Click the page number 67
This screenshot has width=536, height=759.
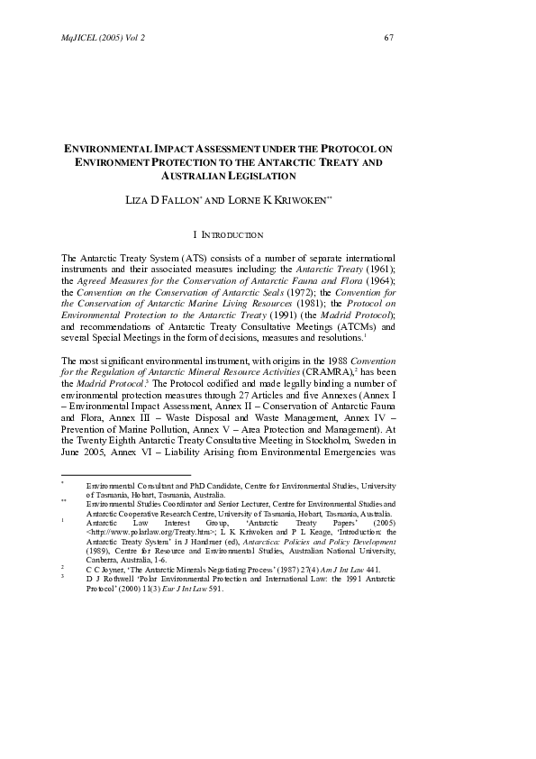[389, 37]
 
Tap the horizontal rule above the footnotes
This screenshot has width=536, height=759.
[125, 475]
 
